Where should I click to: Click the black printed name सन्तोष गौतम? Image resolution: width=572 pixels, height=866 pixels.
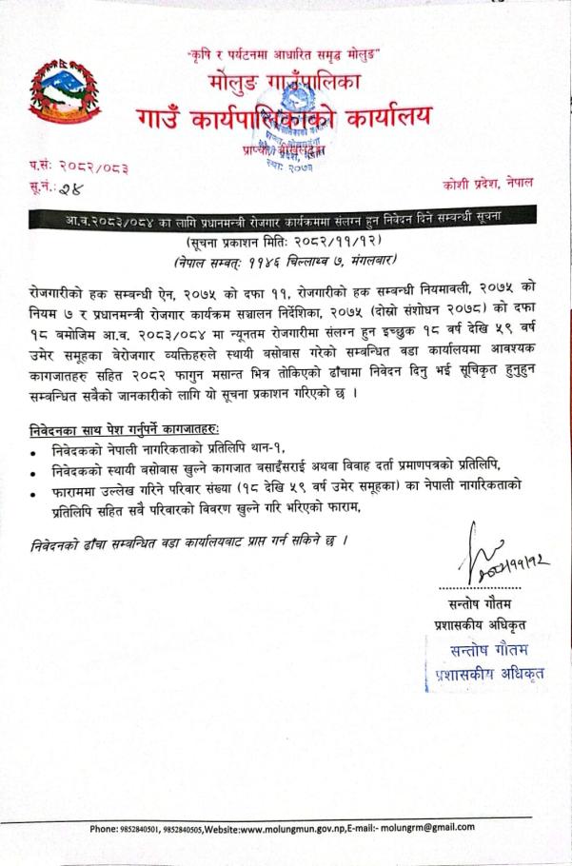click(x=472, y=604)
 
